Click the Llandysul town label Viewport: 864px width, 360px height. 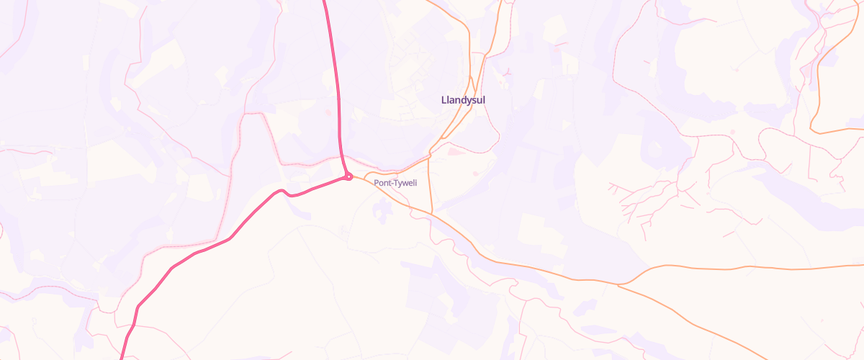[463, 99]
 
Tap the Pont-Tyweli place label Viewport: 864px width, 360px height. [395, 183]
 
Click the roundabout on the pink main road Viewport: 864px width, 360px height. [348, 176]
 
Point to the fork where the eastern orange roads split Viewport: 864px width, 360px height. [618, 284]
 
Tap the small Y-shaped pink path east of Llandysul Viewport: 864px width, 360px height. [508, 72]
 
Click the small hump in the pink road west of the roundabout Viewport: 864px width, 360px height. [284, 192]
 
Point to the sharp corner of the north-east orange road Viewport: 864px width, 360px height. [811, 129]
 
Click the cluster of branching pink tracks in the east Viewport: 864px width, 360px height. [648, 202]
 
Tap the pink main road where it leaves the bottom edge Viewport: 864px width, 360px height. [121, 357]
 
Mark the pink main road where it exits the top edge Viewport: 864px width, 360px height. [324, 2]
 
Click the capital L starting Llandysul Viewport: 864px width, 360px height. [444, 99]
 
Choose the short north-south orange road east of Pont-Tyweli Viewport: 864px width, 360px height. [430, 184]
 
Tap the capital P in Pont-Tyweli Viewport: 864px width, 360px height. [377, 183]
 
